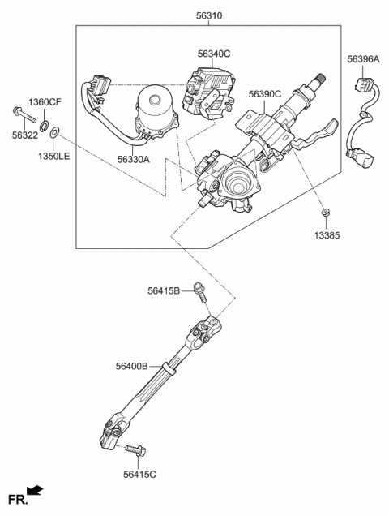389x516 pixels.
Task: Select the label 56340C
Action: (214, 54)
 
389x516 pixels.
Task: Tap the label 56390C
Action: (265, 94)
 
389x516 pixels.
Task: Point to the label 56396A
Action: (363, 58)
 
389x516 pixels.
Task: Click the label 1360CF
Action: (45, 102)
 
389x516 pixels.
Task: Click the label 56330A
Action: (132, 160)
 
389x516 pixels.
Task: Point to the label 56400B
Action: (131, 367)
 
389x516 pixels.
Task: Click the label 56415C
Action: (141, 475)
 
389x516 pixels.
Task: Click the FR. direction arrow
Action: (34, 491)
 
